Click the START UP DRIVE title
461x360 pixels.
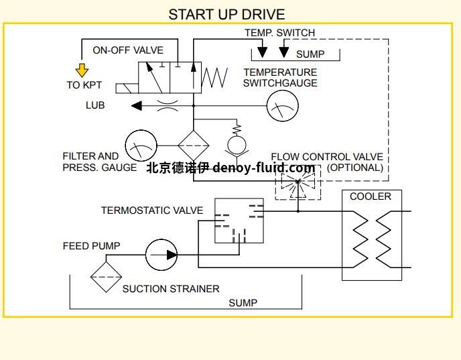pyautogui.click(x=226, y=14)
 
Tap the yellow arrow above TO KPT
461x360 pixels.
pyautogui.click(x=82, y=70)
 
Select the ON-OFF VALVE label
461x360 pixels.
pyautogui.click(x=128, y=50)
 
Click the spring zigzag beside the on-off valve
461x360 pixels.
pyautogui.click(x=215, y=76)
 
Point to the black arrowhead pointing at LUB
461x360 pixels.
pyautogui.click(x=136, y=105)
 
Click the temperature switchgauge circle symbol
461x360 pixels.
pyautogui.click(x=282, y=105)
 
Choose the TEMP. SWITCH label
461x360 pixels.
pyautogui.click(x=279, y=33)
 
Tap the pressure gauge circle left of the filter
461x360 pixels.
pyautogui.click(x=141, y=146)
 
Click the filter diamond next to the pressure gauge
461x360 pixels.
pyautogui.click(x=193, y=146)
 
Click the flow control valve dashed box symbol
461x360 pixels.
pyautogui.click(x=298, y=181)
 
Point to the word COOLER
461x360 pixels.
pyautogui.click(x=371, y=196)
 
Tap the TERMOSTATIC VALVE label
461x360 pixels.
pyautogui.click(x=152, y=211)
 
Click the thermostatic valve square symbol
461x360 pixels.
pyautogui.click(x=239, y=221)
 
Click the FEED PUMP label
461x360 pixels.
pyautogui.click(x=92, y=246)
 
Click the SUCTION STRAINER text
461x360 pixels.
pyautogui.click(x=171, y=289)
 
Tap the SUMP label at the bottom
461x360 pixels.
pyautogui.click(x=243, y=302)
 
